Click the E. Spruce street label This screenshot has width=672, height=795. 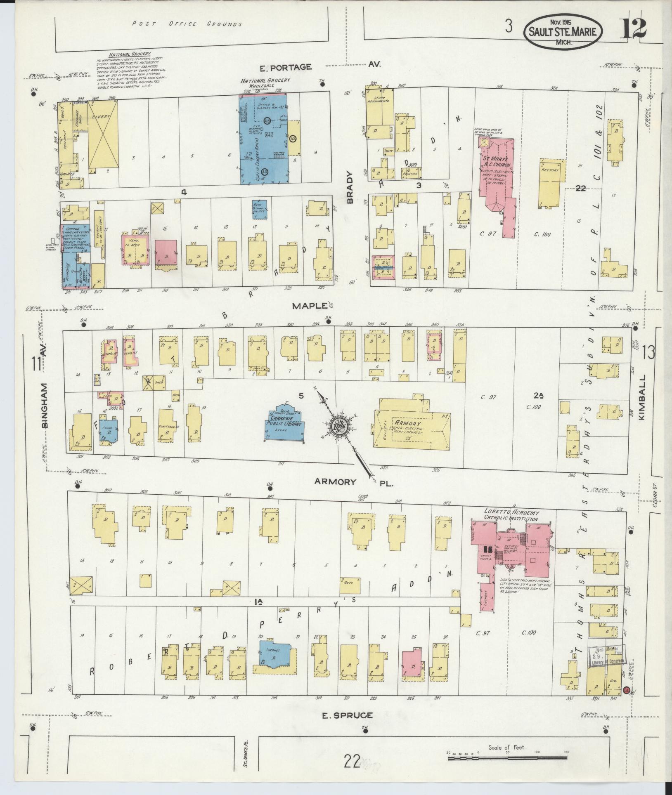point(347,715)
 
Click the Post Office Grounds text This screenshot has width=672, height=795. point(187,24)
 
